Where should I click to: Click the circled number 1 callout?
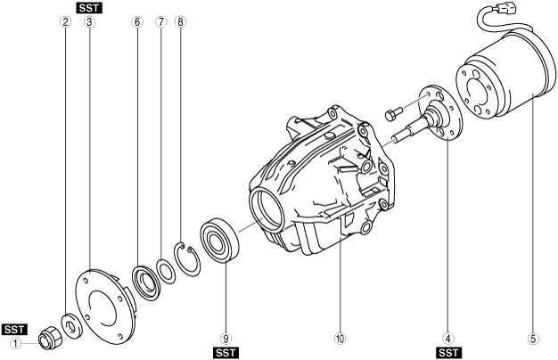coord(15,344)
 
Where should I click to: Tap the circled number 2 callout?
coord(65,22)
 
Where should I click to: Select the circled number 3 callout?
coord(89,22)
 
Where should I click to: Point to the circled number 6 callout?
coord(137,22)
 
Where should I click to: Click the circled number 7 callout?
coord(160,22)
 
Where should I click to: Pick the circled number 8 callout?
coord(180,22)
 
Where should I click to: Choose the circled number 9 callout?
coord(226,339)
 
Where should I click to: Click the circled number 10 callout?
coord(340,339)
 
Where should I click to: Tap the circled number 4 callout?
coord(448,339)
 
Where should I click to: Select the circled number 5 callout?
coord(533,339)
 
